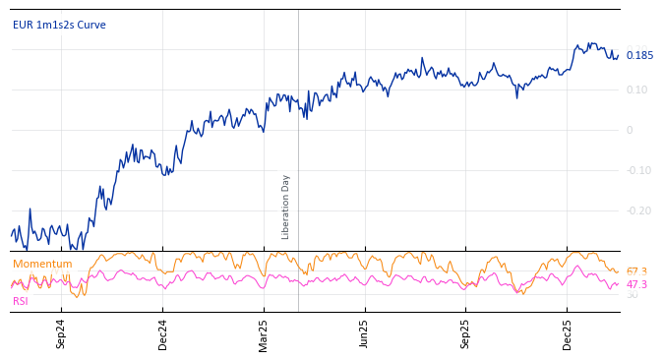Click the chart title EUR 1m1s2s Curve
pyautogui.click(x=59, y=25)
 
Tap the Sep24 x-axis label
pyautogui.click(x=61, y=333)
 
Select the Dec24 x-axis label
pyautogui.click(x=163, y=333)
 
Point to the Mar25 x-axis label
pyautogui.click(x=264, y=333)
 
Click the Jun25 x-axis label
pyautogui.click(x=364, y=333)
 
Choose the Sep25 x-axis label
pyautogui.click(x=465, y=333)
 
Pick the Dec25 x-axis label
pyautogui.click(x=567, y=333)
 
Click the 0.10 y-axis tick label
pyautogui.click(x=636, y=90)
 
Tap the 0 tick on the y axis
pyautogui.click(x=630, y=130)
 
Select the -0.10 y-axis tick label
pyautogui.click(x=638, y=170)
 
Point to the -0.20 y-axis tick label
pyautogui.click(x=638, y=210)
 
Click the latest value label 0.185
pyautogui.click(x=639, y=56)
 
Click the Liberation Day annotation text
pyautogui.click(x=286, y=207)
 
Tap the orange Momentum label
pyautogui.click(x=42, y=264)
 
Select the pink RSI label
pyautogui.click(x=20, y=301)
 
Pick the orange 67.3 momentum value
pyautogui.click(x=636, y=271)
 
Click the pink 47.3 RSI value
pyautogui.click(x=636, y=284)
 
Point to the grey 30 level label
pyautogui.click(x=632, y=295)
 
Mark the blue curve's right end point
pyautogui.click(x=619, y=56)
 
